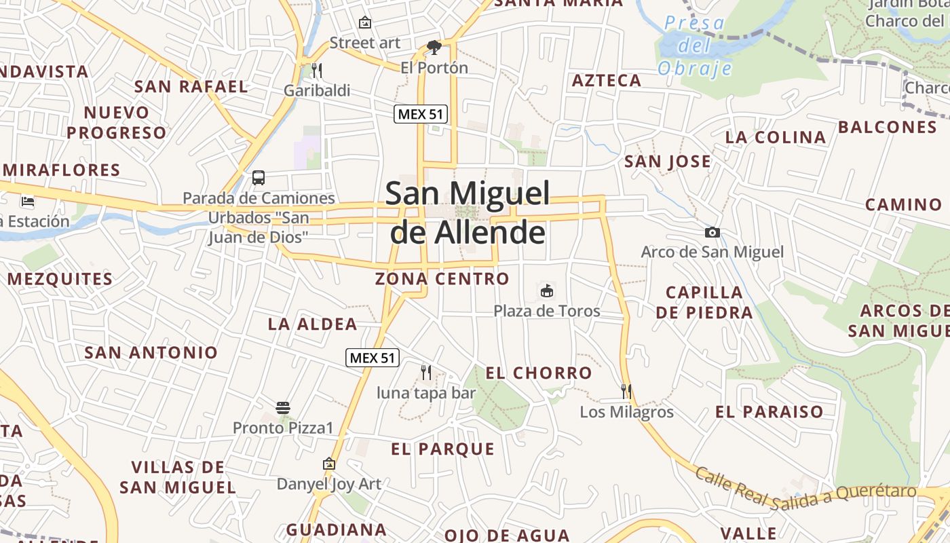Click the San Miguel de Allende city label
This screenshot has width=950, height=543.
pos(468,212)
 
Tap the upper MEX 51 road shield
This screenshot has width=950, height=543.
pos(421,114)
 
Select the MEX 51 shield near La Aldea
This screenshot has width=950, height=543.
pos(373,358)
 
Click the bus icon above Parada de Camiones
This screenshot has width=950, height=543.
pos(259,178)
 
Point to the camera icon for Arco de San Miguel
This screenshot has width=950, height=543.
pos(712,232)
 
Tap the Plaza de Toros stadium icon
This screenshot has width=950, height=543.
pos(546,291)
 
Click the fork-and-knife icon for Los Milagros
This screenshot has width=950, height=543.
pos(626,391)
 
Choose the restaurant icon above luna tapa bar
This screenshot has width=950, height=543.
pos(426,372)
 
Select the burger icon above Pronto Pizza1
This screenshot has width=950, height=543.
pos(284,408)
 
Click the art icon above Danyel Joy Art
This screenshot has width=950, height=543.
pos(329,464)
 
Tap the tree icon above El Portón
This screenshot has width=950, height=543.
pos(434,48)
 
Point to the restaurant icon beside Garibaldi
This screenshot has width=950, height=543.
pos(316,70)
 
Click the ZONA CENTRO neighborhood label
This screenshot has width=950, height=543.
pos(442,278)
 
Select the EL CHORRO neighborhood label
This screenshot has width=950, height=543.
pos(539,373)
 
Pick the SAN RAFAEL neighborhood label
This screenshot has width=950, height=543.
pos(191,86)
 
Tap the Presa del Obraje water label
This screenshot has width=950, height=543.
pos(695,45)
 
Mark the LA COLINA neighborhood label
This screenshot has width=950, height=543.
pos(776,137)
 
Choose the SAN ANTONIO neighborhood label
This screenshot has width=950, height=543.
pos(151,352)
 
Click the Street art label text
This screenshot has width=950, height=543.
pos(365,43)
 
